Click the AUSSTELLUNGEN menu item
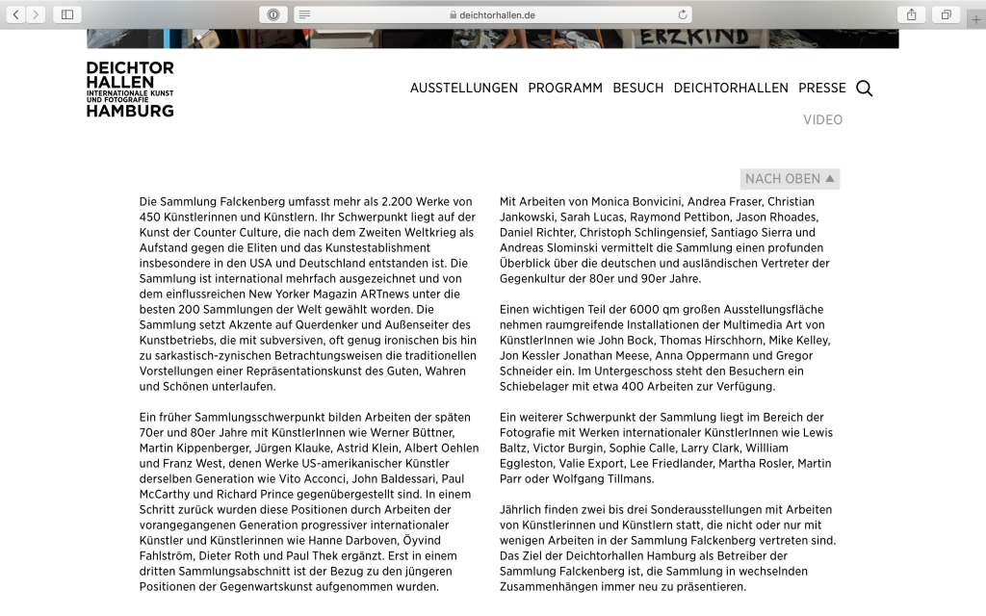463,88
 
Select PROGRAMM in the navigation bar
565,88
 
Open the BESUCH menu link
638,88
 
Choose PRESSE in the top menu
822,88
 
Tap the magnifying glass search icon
865,89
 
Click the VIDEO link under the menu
823,120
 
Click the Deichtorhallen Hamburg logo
130,90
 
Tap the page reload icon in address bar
684,14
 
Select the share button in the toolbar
910,14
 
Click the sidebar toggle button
66,14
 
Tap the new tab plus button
976,19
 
